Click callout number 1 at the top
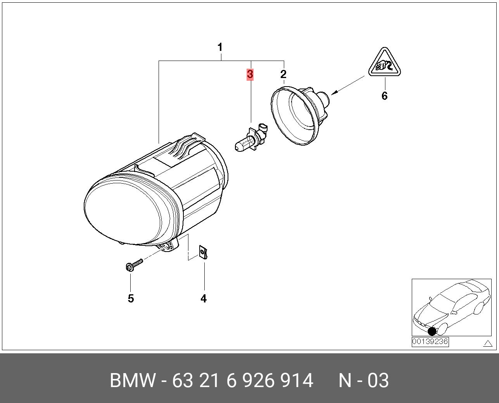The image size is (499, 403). pos(220,48)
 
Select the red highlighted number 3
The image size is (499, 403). pos(250,74)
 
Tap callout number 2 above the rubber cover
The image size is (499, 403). pos(283,74)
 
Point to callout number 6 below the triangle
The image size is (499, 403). pos(384,96)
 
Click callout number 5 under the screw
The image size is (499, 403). pos(131,299)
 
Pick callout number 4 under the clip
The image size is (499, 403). pos(204,299)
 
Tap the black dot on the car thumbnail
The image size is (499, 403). pos(432,331)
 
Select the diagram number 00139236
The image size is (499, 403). pos(430,342)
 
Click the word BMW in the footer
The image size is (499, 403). pos(133,381)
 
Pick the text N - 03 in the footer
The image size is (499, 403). pos(363,381)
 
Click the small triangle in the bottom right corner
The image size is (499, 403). pos(487,343)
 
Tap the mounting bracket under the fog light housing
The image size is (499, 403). pos(169,245)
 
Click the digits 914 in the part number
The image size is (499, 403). pos(297,381)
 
